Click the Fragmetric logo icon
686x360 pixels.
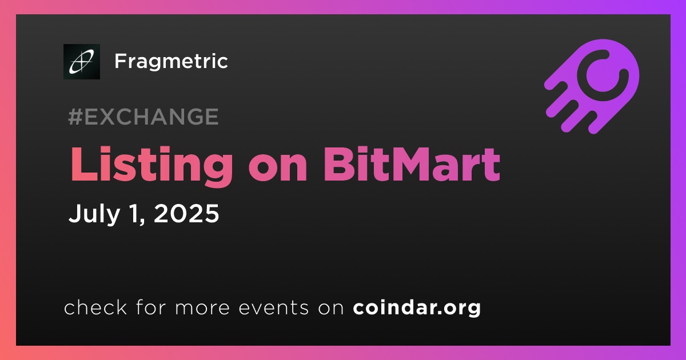point(82,62)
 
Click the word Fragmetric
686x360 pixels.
point(171,62)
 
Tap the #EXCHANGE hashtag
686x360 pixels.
point(143,117)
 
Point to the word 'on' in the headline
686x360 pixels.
point(278,169)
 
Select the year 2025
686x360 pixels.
point(186,213)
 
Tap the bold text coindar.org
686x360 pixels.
point(417,307)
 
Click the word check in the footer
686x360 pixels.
point(95,307)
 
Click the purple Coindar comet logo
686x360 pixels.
point(592,87)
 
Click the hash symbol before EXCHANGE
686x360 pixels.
point(75,117)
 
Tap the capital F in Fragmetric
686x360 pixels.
point(121,61)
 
